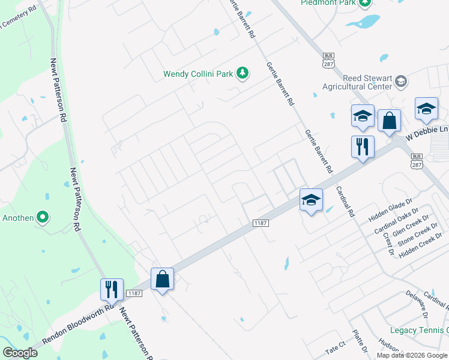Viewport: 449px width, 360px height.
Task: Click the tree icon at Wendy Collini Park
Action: point(243,74)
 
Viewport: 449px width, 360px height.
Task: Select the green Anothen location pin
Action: point(43,217)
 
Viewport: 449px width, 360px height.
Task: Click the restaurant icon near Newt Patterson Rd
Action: point(112,289)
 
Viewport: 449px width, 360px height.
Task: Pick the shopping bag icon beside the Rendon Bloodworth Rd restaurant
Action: point(162,279)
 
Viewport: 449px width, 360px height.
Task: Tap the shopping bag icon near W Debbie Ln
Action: point(389,121)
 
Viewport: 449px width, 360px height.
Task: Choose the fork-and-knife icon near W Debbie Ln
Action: point(363,147)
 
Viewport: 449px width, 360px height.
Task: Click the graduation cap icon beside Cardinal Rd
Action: point(311,200)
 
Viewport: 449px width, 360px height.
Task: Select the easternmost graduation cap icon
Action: point(426,109)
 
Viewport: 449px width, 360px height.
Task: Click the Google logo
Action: point(20,353)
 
